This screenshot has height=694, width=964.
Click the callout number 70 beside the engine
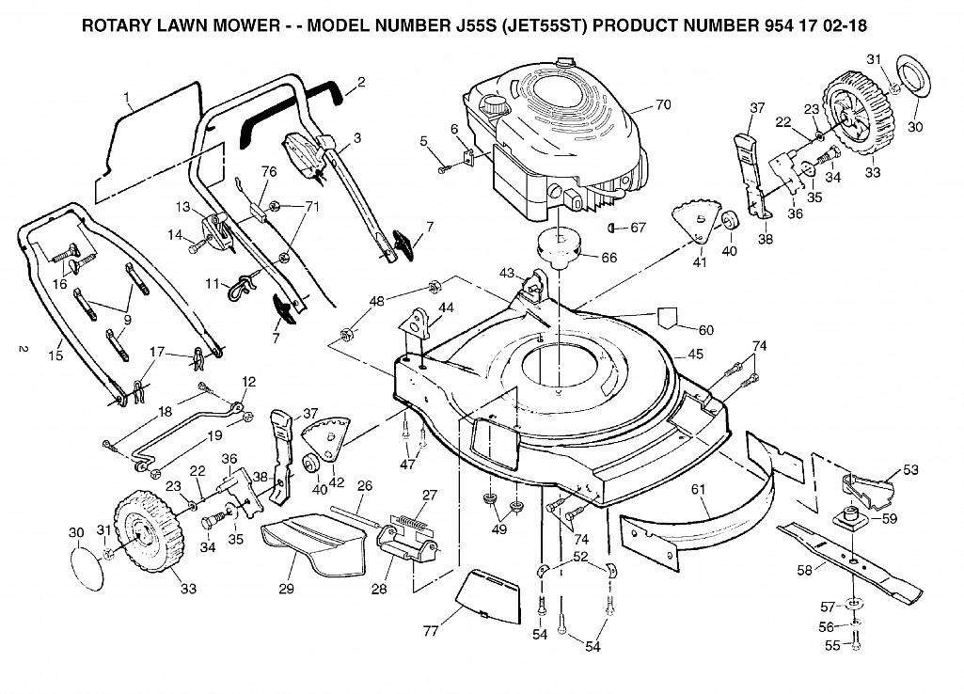pos(663,105)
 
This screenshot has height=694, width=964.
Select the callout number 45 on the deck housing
pos(695,355)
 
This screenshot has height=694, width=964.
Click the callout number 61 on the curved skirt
pos(698,490)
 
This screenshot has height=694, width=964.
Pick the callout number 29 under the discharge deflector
pos(287,589)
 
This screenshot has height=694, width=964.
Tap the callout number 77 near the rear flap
pos(431,631)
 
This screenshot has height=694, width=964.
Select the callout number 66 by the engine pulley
pos(608,258)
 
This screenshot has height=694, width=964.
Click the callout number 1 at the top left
pos(127,97)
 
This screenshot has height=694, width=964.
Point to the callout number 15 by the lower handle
pos(55,355)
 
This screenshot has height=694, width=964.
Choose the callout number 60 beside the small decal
pos(705,330)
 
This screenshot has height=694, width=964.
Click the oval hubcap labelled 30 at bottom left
pos(87,567)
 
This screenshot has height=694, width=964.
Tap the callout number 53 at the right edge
pos(910,469)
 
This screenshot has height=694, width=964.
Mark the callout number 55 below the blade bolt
pos(833,645)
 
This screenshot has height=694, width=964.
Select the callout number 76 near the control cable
pos(269,171)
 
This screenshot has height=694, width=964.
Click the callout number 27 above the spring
pos(430,495)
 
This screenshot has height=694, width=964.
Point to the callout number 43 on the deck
pos(507,273)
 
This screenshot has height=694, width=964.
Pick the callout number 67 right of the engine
pos(639,228)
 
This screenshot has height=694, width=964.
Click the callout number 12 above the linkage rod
pos(248,382)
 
